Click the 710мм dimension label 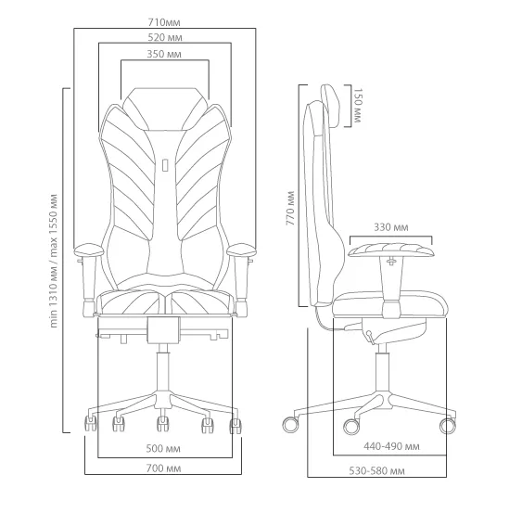(x=164, y=22)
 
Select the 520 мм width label (x=165, y=37)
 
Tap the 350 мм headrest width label (x=164, y=54)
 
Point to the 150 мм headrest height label (x=357, y=106)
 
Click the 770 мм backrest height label (x=290, y=208)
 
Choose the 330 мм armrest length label (x=391, y=227)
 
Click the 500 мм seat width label (x=163, y=449)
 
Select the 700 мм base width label (x=164, y=468)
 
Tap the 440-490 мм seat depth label (x=391, y=446)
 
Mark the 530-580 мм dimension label (x=376, y=470)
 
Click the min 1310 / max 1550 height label (x=53, y=261)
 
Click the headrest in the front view (x=165, y=109)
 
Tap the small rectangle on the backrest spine (x=165, y=165)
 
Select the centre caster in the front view (x=163, y=424)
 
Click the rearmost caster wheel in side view (x=291, y=425)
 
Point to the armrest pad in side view (x=391, y=250)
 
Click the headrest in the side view (x=331, y=106)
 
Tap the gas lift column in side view (x=383, y=369)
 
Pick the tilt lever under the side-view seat (x=370, y=336)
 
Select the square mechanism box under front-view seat (x=163, y=330)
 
